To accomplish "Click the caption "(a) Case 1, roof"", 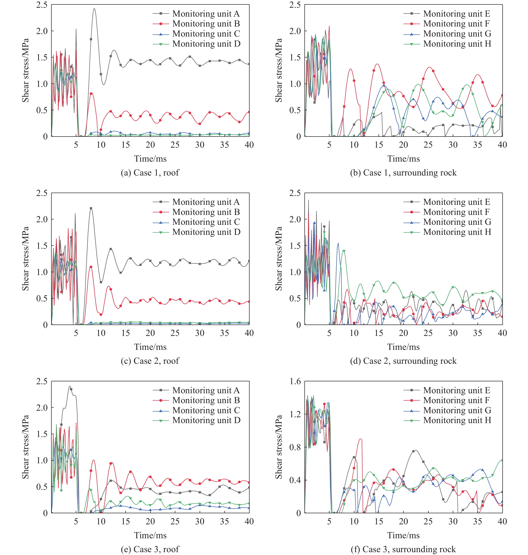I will coord(150,172).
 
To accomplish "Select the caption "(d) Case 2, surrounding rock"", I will coord(403,361).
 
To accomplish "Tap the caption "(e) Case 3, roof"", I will coord(150,549).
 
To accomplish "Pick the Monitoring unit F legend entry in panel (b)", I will coord(456,24).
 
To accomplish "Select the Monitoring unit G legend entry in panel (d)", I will coord(457,222).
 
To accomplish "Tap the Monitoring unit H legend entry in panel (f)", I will coord(457,420).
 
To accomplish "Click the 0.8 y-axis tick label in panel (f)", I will coord(295,447).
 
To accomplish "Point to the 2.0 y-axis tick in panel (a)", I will coord(42,31).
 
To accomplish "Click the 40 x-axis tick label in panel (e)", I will coord(249,521).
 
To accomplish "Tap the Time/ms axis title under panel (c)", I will coord(150,347).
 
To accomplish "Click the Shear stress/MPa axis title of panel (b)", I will coord(278,70).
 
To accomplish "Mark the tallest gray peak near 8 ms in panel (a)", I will coord(94,8).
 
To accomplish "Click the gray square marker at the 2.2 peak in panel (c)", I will coord(91,208).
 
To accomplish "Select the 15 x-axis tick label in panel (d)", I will coord(378,333).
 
